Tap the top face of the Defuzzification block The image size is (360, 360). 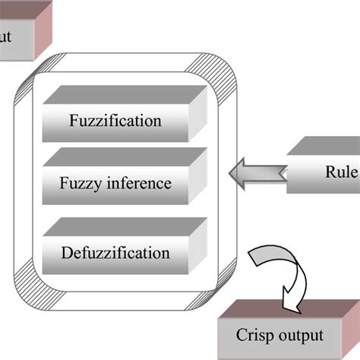(125, 227)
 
